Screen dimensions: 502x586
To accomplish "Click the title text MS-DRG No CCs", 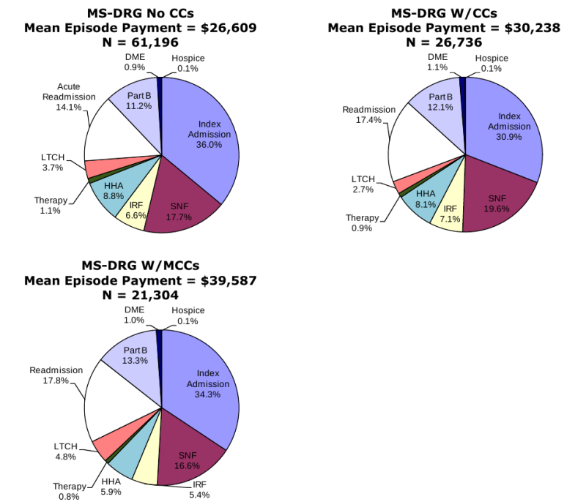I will click(140, 13).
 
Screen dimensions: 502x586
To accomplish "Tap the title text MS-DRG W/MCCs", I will click(140, 265).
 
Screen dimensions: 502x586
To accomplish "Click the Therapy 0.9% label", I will click(363, 222).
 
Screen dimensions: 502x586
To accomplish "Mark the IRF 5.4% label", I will click(199, 490).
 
